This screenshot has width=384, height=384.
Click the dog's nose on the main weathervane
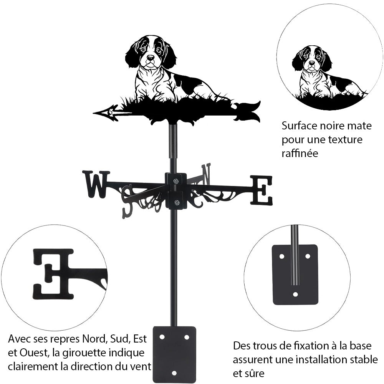click(151, 58)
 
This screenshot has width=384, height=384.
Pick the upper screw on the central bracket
click(175, 181)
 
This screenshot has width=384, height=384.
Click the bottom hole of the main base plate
click(174, 372)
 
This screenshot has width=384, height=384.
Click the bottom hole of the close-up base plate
click(295, 295)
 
